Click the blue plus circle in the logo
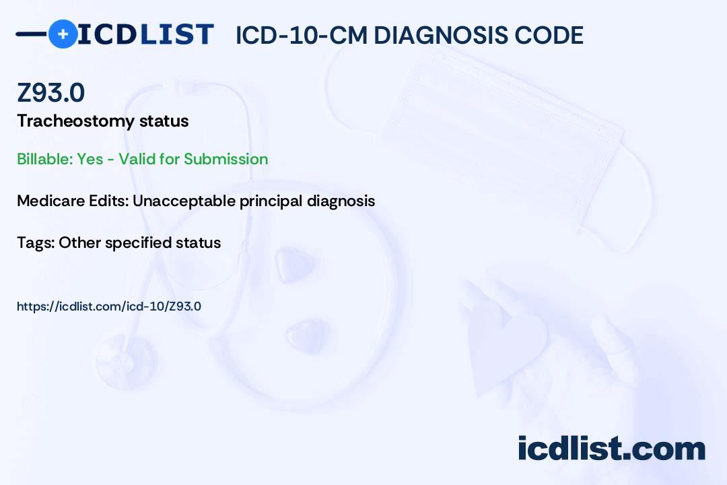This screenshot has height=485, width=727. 63,34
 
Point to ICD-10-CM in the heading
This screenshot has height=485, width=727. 301,35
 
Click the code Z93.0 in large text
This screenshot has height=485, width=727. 51,93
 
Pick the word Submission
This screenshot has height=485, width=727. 226,159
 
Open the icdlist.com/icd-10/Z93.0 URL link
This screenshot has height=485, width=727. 109,306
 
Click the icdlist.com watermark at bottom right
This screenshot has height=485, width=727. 611,448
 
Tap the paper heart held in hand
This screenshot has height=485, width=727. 508,344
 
